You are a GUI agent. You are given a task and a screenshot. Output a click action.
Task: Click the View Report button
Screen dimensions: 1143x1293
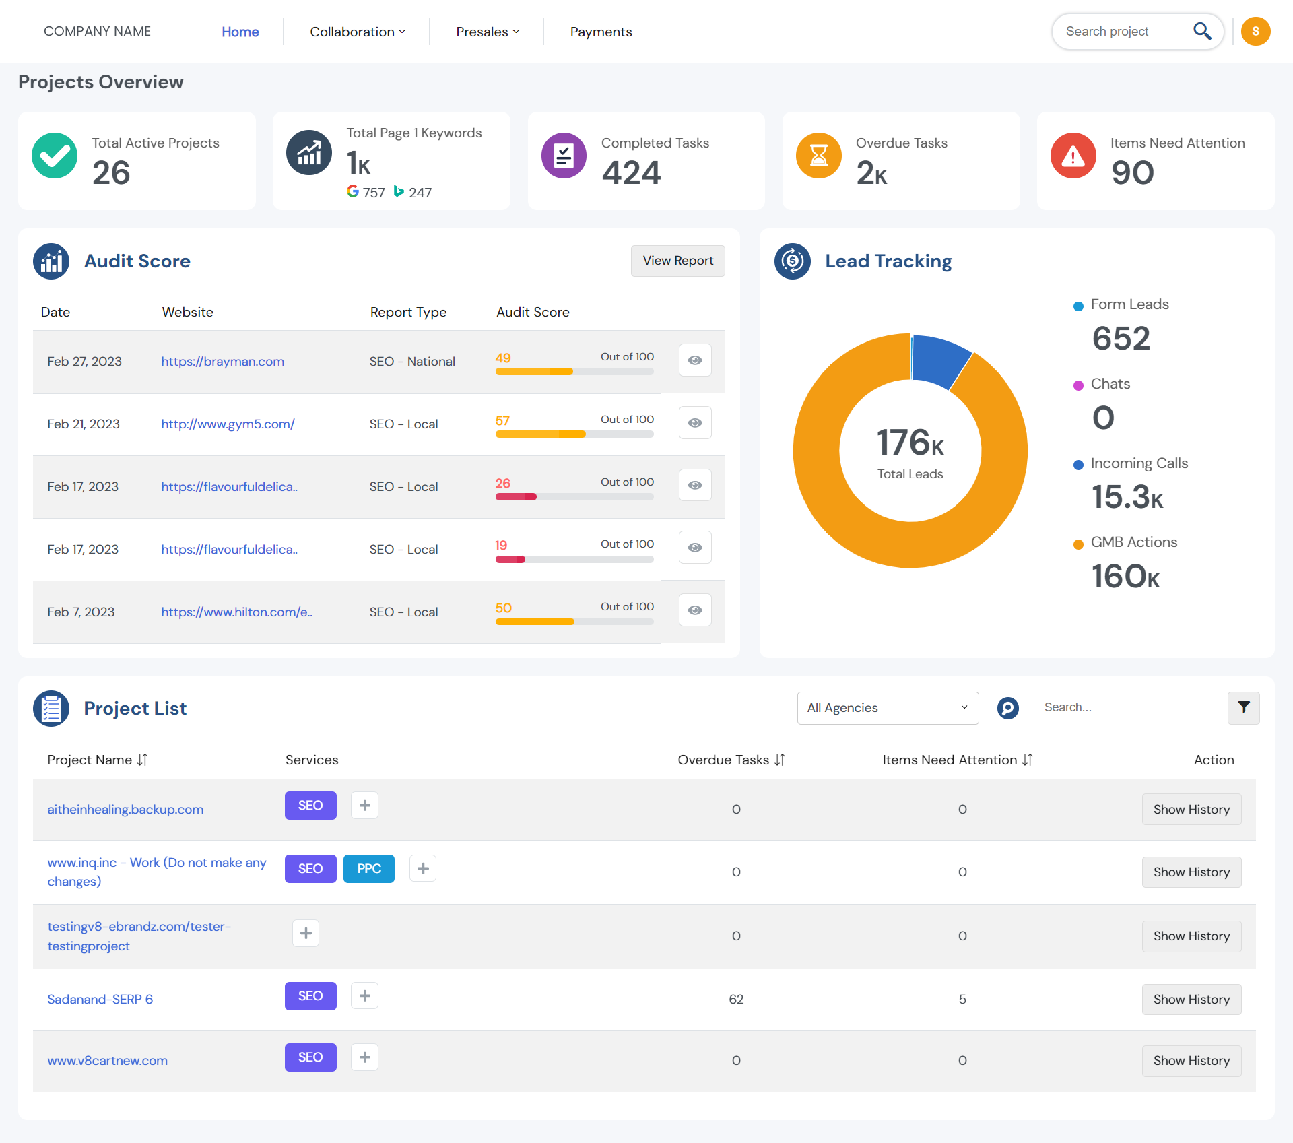(x=677, y=261)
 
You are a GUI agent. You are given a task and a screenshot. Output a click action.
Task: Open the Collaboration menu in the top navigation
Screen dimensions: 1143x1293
(x=357, y=32)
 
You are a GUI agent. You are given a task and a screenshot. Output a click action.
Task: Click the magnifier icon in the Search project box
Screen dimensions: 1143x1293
(x=1202, y=31)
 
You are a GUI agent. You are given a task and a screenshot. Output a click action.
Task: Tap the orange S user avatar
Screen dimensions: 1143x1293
(x=1255, y=32)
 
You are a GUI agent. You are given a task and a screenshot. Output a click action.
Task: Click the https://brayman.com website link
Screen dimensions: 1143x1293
(x=222, y=362)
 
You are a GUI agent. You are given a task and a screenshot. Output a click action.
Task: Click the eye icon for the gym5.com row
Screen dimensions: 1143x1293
(x=695, y=423)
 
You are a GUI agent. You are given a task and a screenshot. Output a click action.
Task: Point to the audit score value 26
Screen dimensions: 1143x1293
(x=502, y=483)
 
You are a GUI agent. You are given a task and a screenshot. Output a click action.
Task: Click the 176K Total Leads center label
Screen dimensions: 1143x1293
(x=910, y=451)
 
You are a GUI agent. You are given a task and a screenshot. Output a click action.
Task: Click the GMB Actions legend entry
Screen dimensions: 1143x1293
(x=1133, y=542)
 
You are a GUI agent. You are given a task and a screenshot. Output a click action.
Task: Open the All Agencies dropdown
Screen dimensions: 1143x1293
(x=887, y=708)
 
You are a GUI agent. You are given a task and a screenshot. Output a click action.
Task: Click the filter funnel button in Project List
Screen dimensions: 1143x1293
(x=1243, y=708)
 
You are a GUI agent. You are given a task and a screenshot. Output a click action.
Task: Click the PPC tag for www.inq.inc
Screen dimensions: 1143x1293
(x=368, y=869)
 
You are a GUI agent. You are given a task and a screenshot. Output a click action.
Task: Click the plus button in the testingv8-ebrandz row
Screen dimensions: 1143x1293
(x=306, y=934)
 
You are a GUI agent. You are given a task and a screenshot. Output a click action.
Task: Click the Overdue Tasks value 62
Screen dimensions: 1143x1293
(x=735, y=1000)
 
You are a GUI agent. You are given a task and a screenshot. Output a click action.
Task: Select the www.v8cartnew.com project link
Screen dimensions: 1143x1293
(x=107, y=1061)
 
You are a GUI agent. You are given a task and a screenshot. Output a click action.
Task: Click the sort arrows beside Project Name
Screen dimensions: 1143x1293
(x=142, y=760)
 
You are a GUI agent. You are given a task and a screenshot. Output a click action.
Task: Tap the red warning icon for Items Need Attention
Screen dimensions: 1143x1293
(x=1073, y=156)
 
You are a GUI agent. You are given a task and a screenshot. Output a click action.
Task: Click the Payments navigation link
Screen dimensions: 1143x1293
(x=601, y=32)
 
